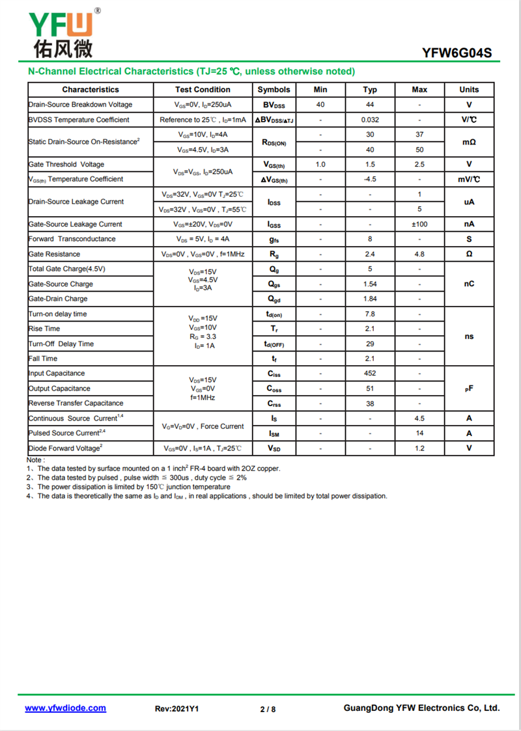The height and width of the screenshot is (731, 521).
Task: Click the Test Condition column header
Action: (x=203, y=90)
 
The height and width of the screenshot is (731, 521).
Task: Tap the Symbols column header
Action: (x=274, y=90)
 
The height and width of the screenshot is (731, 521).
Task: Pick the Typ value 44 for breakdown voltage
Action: (x=370, y=105)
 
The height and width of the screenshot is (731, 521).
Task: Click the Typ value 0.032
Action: (x=370, y=120)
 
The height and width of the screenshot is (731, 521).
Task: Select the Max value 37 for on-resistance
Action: (x=419, y=135)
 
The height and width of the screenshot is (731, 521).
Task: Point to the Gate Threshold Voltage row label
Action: (x=66, y=165)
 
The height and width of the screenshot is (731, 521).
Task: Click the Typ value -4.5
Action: (x=370, y=179)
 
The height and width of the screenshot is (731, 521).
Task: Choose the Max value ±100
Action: (x=419, y=224)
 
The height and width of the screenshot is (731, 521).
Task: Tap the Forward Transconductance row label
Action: (x=72, y=239)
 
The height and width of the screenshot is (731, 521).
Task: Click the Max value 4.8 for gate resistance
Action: (x=419, y=254)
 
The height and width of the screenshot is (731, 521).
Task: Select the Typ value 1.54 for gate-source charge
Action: (x=370, y=284)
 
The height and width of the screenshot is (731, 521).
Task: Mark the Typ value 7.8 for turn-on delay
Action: (x=370, y=314)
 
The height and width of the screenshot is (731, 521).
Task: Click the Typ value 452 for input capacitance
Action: (x=370, y=374)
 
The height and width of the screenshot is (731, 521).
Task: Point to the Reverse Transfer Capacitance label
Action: (x=76, y=404)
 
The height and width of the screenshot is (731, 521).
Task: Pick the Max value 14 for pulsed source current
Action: (x=419, y=434)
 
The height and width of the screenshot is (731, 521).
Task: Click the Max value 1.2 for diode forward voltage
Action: (x=419, y=448)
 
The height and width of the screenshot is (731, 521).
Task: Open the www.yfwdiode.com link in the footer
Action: (x=65, y=708)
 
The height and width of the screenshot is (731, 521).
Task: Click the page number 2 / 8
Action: (x=268, y=709)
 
